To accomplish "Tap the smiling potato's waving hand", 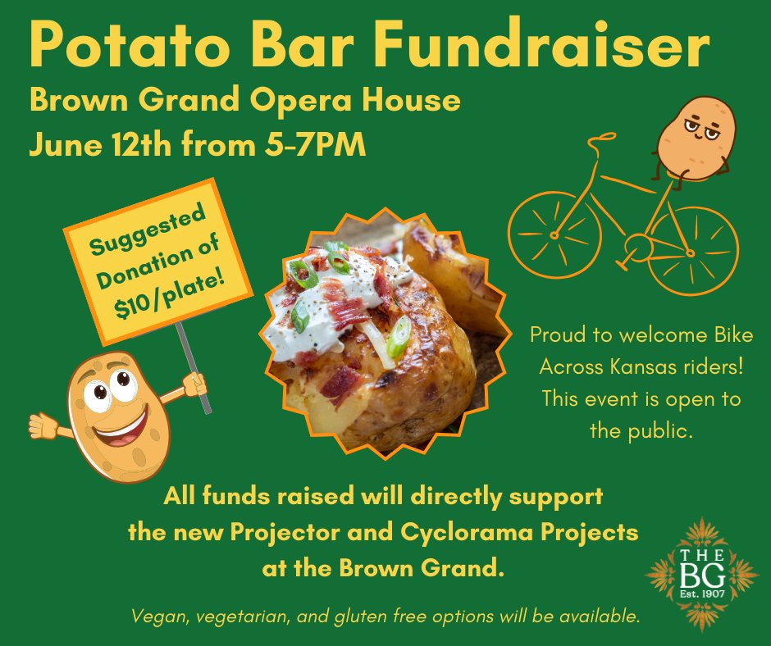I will click(x=43, y=425).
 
